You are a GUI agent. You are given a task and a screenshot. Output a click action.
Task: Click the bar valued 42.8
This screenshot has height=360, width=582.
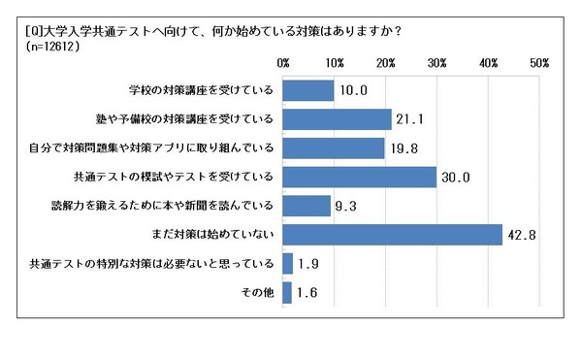coord(393,234)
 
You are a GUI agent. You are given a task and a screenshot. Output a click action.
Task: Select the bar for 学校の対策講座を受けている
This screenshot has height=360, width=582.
coord(308,90)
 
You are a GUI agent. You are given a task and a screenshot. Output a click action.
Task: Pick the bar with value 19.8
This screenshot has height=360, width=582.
coord(334,147)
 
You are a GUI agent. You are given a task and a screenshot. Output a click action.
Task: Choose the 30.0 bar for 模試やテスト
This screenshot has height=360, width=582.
coord(360,177)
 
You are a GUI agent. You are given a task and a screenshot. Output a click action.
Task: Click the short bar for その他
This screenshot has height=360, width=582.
coord(287,292)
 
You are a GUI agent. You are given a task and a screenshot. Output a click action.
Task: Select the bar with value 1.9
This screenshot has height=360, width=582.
coord(288,263)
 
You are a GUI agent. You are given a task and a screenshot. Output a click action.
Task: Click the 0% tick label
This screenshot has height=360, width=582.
coord(283,62)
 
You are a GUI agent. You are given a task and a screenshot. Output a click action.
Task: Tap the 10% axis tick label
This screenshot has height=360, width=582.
coord(335,62)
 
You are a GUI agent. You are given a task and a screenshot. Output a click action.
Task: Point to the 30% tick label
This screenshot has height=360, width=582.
coord(436,62)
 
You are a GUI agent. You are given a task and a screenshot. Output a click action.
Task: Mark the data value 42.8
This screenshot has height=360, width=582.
coord(521,235)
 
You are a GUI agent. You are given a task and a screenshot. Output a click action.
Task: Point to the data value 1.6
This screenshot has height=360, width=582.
coord(307,293)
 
